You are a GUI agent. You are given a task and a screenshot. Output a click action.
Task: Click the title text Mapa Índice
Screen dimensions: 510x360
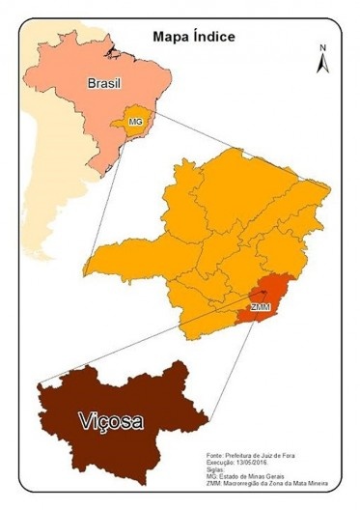point(194,37)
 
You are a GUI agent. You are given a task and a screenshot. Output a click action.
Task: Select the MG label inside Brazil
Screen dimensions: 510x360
point(135,123)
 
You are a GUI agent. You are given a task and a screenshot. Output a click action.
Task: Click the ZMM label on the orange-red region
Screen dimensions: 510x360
point(260,307)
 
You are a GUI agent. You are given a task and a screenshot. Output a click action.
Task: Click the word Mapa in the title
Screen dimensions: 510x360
point(170,37)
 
